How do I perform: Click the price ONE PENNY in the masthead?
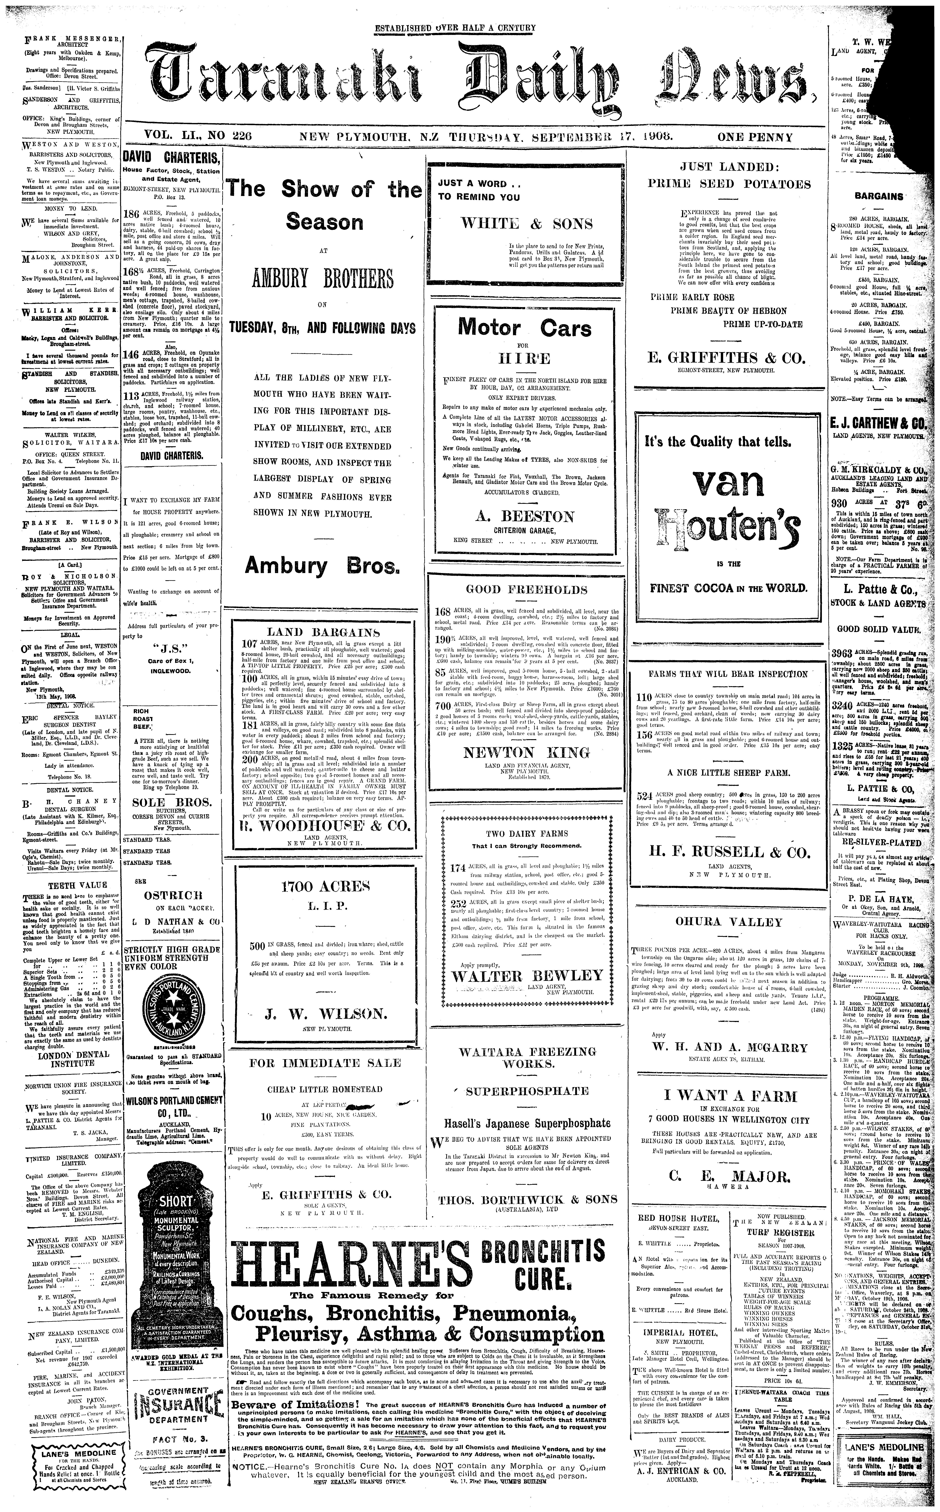click(755, 137)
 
